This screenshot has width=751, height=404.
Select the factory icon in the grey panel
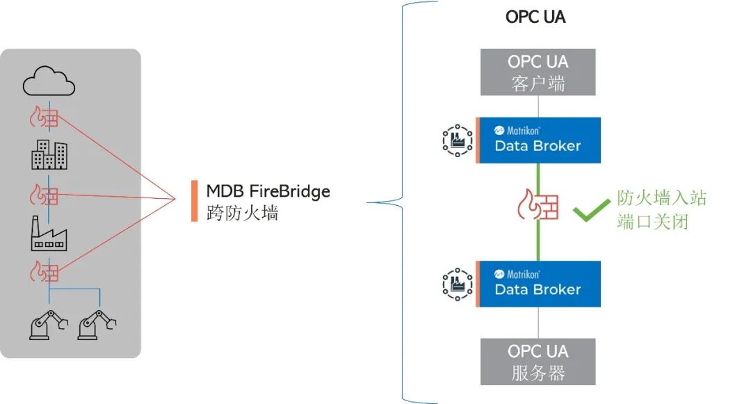tap(48, 234)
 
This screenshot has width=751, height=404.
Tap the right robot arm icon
tap(97, 322)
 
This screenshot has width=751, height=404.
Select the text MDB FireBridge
tap(268, 191)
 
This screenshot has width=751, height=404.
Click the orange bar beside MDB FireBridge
tap(195, 201)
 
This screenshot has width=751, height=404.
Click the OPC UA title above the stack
tap(535, 17)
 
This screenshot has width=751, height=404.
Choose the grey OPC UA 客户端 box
tap(538, 72)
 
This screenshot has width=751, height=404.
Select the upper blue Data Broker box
tap(538, 140)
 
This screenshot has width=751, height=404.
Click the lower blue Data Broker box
tap(538, 284)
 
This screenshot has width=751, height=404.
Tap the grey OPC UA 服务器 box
tap(538, 362)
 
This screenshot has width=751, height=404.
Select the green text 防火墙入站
tap(661, 198)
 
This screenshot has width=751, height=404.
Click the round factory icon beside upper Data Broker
tap(457, 140)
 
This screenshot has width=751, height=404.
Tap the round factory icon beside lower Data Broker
tap(457, 284)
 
